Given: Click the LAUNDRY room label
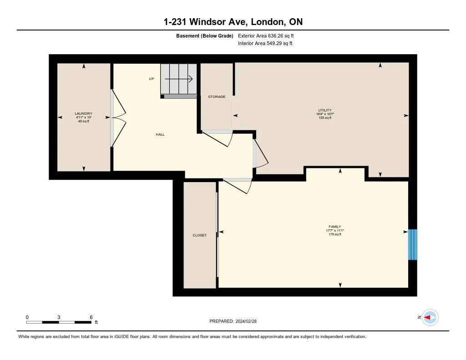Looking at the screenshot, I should (84, 113).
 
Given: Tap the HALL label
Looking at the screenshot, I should (160, 134).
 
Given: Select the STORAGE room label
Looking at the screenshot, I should (217, 96).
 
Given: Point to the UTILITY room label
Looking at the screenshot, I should (325, 110).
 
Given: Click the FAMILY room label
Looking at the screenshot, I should (335, 227).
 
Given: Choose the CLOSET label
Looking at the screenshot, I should (199, 235).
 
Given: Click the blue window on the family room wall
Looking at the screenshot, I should (412, 244).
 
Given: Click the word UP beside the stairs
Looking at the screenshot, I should (152, 79).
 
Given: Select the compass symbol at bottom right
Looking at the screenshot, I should (430, 317).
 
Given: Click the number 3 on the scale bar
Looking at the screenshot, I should (59, 317).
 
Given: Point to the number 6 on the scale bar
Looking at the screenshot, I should (91, 317).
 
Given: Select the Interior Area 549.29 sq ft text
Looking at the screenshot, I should (265, 43).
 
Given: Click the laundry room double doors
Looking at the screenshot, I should (117, 117).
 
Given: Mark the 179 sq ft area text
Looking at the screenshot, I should (335, 234).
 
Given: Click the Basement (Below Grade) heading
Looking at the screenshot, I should (204, 35).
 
